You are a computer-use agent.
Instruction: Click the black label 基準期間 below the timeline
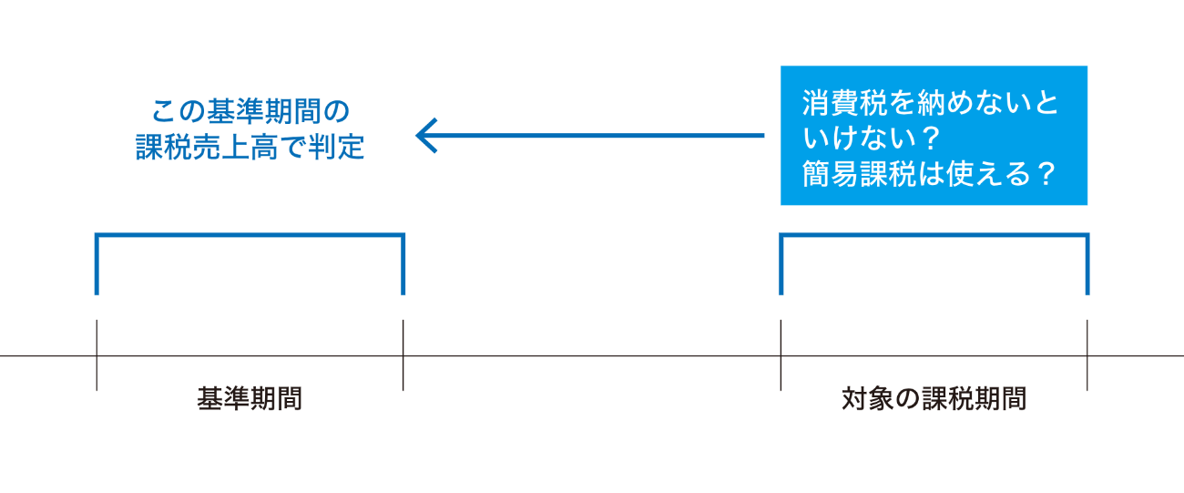tap(250, 398)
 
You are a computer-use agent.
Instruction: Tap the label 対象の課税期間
tap(934, 398)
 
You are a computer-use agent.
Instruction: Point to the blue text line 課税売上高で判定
tap(250, 147)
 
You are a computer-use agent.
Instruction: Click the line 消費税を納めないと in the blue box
tap(931, 103)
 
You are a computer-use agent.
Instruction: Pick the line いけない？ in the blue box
tap(871, 138)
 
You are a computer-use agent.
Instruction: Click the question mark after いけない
tap(928, 138)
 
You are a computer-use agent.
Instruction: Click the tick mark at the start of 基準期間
tap(97, 355)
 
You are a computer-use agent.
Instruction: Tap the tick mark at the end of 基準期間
tap(403, 355)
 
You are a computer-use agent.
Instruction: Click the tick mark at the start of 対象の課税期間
tap(781, 355)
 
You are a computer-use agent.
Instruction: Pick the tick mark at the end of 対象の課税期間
tap(1087, 355)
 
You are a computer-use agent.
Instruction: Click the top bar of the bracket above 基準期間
tap(250, 236)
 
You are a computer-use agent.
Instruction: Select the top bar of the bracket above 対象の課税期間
tap(934, 236)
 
